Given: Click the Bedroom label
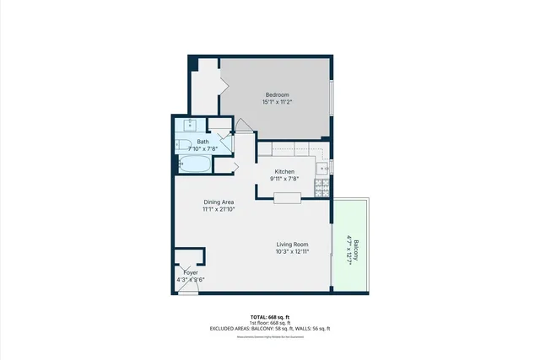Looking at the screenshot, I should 278,94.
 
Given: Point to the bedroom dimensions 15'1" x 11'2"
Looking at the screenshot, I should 278,102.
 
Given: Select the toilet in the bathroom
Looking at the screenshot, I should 186,144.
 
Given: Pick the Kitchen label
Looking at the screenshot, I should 284,171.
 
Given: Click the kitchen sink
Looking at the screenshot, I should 321,169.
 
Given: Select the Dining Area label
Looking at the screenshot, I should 219,202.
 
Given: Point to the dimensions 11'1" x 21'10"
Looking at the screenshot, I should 219,210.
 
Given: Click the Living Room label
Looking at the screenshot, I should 291,243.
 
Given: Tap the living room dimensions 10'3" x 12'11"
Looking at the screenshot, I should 291,251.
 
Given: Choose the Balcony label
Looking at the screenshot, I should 355,248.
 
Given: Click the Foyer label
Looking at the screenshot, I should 191,272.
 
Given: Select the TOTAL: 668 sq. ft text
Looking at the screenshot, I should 269,315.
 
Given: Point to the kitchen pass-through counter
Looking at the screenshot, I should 287,198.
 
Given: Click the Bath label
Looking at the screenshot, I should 203,142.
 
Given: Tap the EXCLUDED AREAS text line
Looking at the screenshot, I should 269,328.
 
